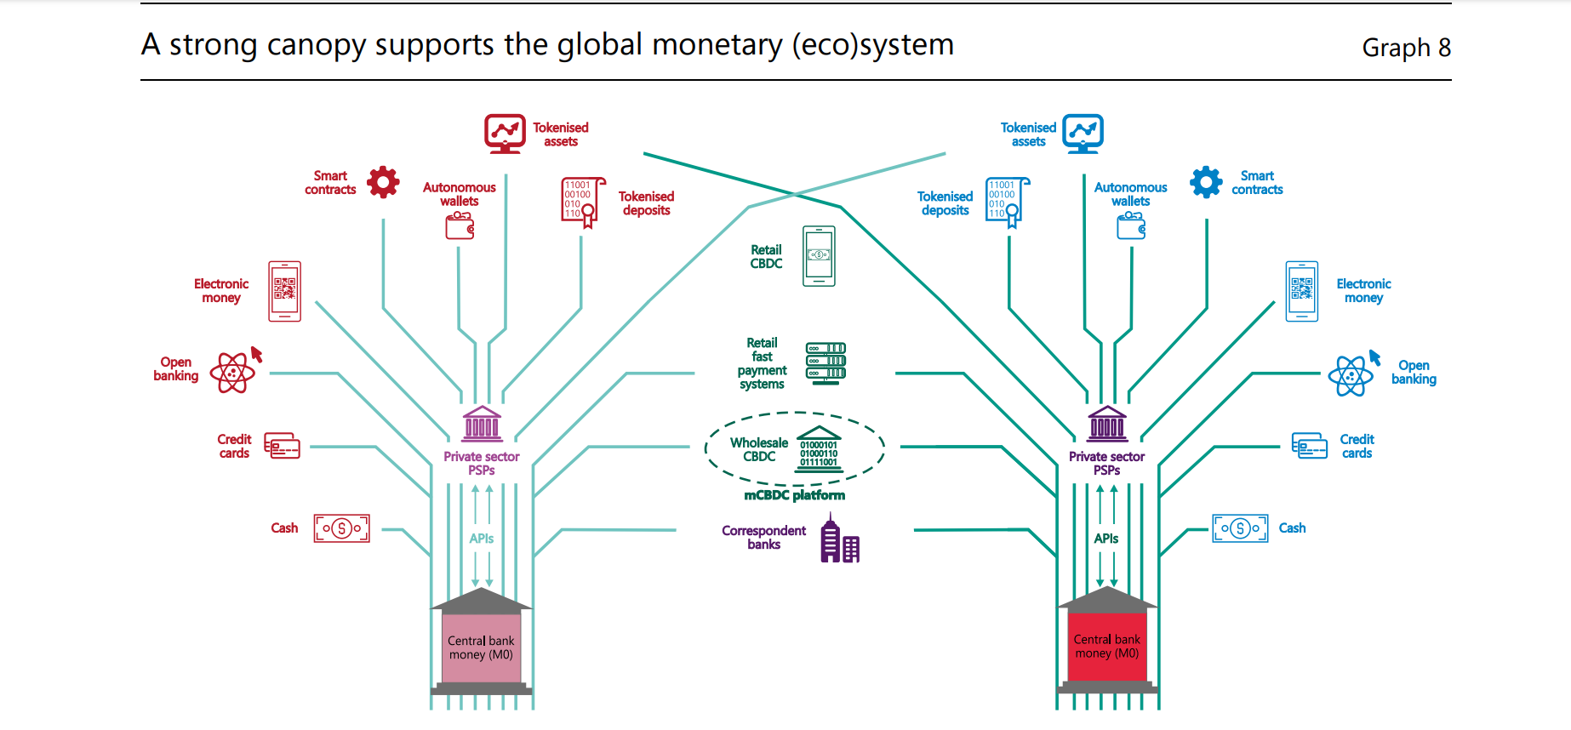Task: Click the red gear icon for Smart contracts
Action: [383, 182]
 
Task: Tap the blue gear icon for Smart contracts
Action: [1206, 182]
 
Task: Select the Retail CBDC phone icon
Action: [819, 256]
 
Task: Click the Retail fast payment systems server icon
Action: [825, 363]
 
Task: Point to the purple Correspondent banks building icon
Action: [839, 541]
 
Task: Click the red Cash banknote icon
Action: [341, 528]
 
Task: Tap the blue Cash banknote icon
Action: [1240, 528]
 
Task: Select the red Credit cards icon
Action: [282, 446]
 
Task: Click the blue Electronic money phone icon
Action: [1301, 291]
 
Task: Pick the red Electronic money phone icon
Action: [284, 291]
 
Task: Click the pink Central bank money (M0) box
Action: [481, 647]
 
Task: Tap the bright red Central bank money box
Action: [1106, 647]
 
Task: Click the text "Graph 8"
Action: [1406, 48]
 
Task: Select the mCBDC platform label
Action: [794, 495]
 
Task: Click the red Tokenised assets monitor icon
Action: [505, 133]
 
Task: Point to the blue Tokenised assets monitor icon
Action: [1083, 133]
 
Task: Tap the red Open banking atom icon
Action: [232, 373]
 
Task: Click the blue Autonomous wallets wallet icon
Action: [1131, 225]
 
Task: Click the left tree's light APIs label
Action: [481, 539]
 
